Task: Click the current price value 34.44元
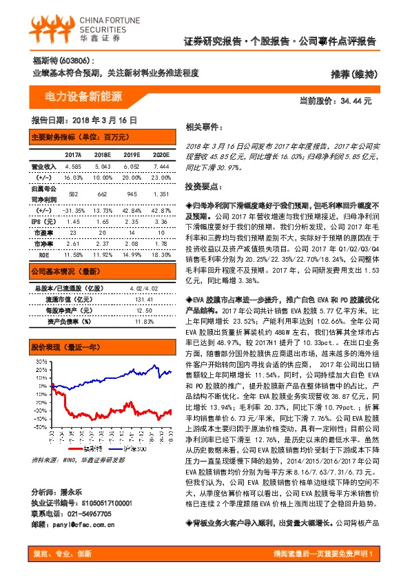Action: point(356,101)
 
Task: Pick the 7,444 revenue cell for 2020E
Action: point(161,167)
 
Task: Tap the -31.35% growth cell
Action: point(73,210)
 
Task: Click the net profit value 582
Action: point(73,194)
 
